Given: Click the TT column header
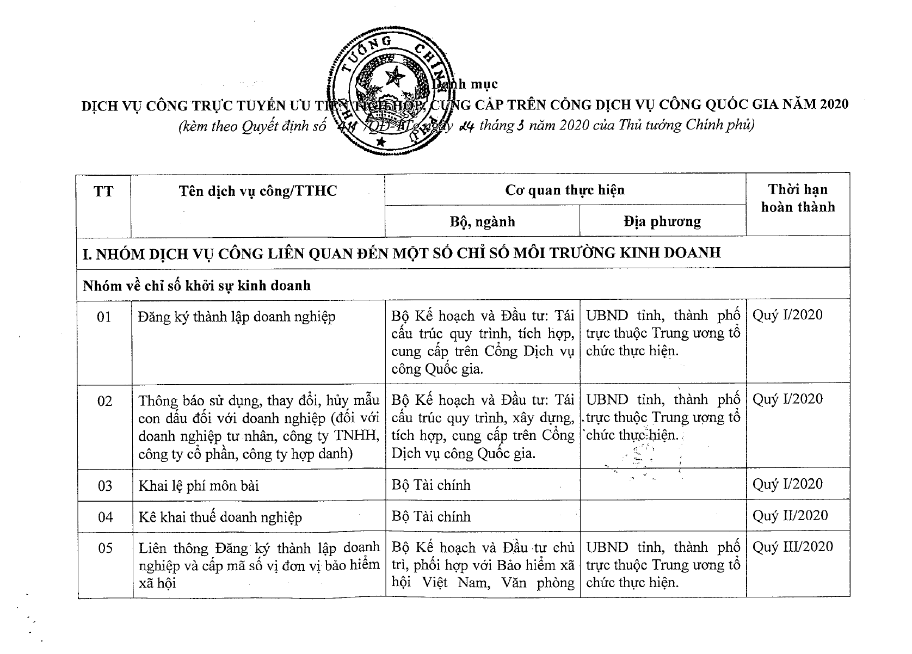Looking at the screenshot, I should tap(103, 192).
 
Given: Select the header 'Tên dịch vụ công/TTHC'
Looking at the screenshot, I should tap(258, 191).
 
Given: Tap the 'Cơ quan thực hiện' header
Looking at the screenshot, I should tap(565, 190).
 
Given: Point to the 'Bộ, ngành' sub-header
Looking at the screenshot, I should tap(482, 221).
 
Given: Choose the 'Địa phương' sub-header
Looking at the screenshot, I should tap(662, 221).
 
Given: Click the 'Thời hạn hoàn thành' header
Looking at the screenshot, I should tap(798, 198).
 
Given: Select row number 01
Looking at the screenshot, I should tap(104, 317).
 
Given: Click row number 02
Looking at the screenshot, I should tap(104, 402).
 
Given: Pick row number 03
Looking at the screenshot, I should tap(105, 485).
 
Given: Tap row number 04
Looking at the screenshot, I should tap(105, 517).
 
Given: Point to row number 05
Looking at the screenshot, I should tap(105, 548).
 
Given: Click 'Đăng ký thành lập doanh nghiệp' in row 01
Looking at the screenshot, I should tap(237, 317).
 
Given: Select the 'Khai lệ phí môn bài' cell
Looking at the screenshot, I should tap(199, 485).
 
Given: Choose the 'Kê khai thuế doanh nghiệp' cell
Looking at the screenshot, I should tap(220, 517).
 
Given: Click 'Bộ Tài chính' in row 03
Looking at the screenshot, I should tap(431, 485).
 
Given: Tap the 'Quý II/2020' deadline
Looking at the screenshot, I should tap(790, 515).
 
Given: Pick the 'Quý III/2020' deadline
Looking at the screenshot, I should tap(792, 547).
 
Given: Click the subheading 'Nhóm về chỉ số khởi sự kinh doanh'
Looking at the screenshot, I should tap(196, 285).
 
